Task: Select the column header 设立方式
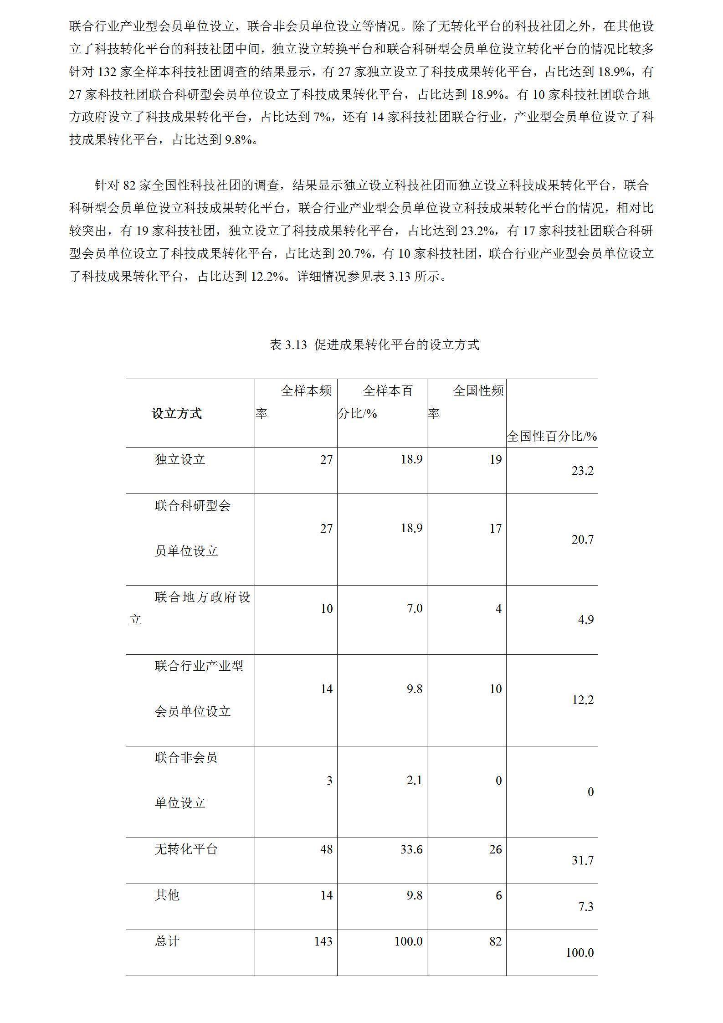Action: [177, 413]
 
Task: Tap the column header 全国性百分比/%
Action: [552, 436]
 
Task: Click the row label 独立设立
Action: [180, 459]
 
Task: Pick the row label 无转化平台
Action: [186, 849]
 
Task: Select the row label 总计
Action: [167, 941]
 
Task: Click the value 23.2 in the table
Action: [582, 471]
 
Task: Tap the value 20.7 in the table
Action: [582, 540]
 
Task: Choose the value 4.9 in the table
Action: [585, 620]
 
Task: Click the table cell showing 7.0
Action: [414, 608]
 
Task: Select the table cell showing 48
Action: [326, 849]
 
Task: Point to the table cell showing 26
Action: [495, 849]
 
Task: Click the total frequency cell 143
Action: [323, 941]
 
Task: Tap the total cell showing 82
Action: [495, 941]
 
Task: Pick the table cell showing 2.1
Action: [414, 780]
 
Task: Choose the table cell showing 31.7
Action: [582, 860]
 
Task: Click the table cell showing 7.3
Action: [585, 906]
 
